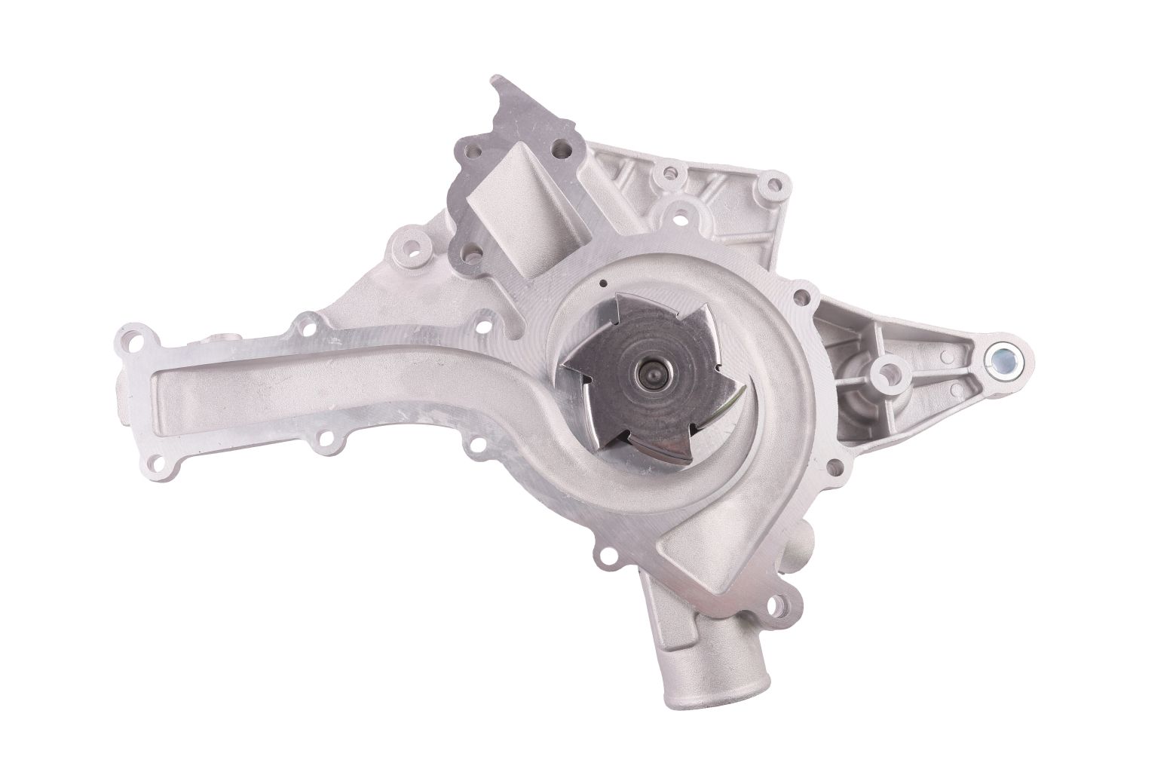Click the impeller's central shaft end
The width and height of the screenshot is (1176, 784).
(x=649, y=372)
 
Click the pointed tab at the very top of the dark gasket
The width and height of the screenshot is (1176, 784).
(x=498, y=82)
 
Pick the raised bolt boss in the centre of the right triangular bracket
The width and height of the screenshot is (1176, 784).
(x=890, y=369)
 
